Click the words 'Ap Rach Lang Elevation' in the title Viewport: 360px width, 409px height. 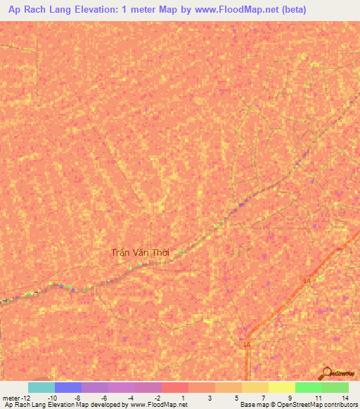59,11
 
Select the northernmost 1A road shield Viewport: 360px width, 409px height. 307,280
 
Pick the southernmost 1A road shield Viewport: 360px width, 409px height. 246,344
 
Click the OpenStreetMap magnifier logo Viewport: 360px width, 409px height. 327,373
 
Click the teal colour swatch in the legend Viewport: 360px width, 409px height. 41,387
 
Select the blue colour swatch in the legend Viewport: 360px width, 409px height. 67,387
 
